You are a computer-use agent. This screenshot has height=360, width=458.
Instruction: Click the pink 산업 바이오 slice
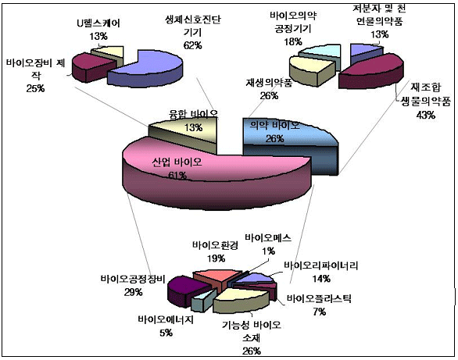click(x=205, y=172)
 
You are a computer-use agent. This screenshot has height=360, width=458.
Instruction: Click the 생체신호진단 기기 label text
click(x=193, y=26)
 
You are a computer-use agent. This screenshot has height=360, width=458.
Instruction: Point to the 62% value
click(x=193, y=45)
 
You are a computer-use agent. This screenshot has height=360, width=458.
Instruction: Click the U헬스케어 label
click(x=98, y=23)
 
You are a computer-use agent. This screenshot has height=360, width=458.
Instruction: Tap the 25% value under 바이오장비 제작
click(x=35, y=88)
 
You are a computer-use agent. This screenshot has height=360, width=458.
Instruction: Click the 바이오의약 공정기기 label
click(x=293, y=22)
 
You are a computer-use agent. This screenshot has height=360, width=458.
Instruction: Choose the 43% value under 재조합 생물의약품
click(x=426, y=116)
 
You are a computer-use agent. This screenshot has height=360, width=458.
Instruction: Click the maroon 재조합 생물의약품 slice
click(x=372, y=72)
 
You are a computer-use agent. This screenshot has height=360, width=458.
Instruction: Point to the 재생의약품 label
click(x=269, y=83)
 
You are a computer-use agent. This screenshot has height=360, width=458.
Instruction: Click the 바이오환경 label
click(x=215, y=245)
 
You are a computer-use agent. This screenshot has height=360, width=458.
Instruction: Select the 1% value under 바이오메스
click(x=268, y=251)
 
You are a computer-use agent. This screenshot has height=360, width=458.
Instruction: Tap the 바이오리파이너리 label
click(x=321, y=266)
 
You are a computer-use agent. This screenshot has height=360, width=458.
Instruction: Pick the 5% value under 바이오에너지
click(x=166, y=333)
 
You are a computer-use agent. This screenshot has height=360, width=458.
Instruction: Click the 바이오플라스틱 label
click(x=319, y=299)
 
